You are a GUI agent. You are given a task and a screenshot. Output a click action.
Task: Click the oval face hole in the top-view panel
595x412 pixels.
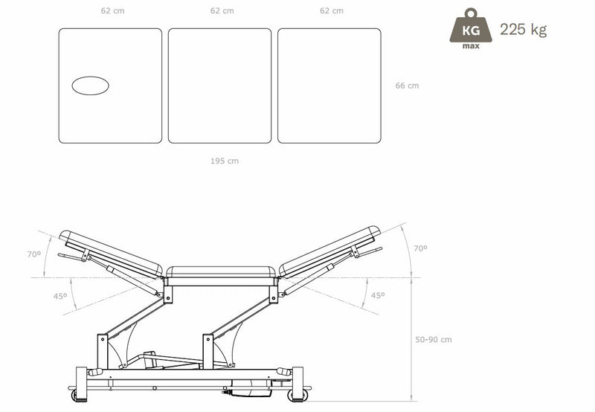pyautogui.click(x=90, y=86)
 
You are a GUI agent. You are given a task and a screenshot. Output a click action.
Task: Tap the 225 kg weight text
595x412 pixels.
pyautogui.click(x=524, y=30)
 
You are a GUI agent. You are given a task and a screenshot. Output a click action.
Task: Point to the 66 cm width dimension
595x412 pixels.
pyautogui.click(x=407, y=86)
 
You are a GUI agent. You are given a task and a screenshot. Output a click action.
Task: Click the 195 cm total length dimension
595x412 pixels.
pyautogui.click(x=224, y=161)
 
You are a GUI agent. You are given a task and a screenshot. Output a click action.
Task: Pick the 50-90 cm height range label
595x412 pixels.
pyautogui.click(x=434, y=340)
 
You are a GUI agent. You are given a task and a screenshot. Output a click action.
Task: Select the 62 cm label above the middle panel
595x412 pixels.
pyautogui.click(x=222, y=11)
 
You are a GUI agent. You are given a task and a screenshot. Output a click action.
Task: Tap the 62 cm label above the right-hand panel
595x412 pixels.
pyautogui.click(x=331, y=11)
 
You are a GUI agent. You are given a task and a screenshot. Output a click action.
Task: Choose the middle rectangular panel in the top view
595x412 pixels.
pyautogui.click(x=219, y=86)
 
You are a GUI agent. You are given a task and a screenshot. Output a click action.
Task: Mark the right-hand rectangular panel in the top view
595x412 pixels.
pyautogui.click(x=329, y=86)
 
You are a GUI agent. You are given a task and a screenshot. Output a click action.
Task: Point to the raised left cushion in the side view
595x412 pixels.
pyautogui.click(x=112, y=253)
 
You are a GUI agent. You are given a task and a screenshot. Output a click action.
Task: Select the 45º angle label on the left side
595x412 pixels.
pyautogui.click(x=60, y=296)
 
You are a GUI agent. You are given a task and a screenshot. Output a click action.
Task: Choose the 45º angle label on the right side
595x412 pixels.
pyautogui.click(x=378, y=295)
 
